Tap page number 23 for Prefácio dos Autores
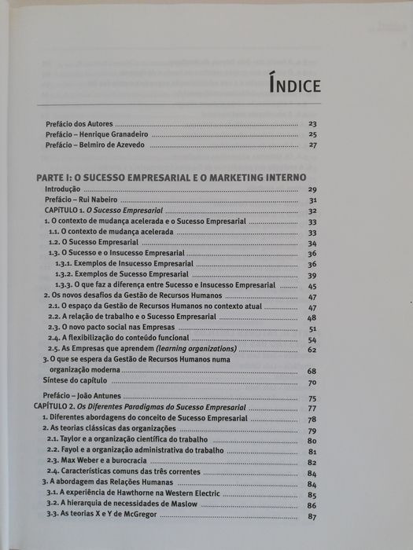312,123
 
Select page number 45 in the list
312,286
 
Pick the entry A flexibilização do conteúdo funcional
120,338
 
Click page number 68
312,371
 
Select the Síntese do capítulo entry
76,382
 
